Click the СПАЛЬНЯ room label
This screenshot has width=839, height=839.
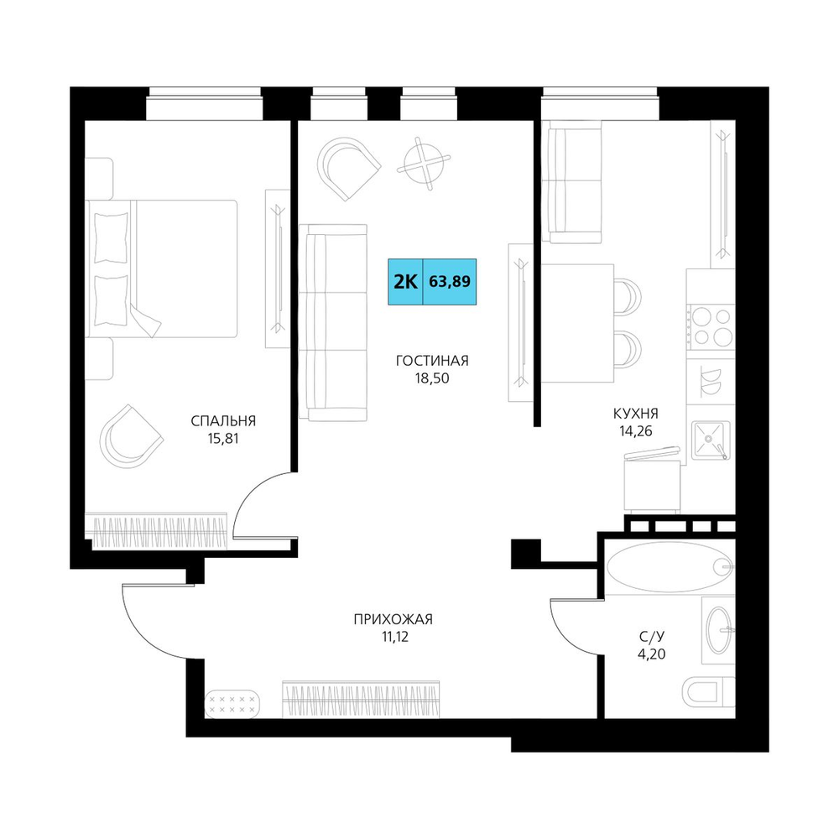coord(223,421)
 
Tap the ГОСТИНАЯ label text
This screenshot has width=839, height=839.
coord(432,361)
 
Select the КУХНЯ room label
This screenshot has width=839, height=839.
coord(636,414)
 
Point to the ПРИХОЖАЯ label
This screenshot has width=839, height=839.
coord(393,620)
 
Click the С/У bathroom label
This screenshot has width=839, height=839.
coord(652,637)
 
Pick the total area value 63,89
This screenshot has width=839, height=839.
coord(450,281)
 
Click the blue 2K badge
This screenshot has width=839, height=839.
coord(405,282)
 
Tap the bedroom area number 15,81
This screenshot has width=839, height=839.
coord(223,440)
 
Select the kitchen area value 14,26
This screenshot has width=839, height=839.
coord(636,431)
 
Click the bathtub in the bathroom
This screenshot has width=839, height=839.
coord(670,566)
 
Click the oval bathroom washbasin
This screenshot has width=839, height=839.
coord(719,630)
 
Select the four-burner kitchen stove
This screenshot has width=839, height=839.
coord(711,326)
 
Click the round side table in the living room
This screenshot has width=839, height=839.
coord(424,163)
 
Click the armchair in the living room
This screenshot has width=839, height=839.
coord(348,167)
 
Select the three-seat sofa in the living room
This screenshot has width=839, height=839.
coord(333,323)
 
